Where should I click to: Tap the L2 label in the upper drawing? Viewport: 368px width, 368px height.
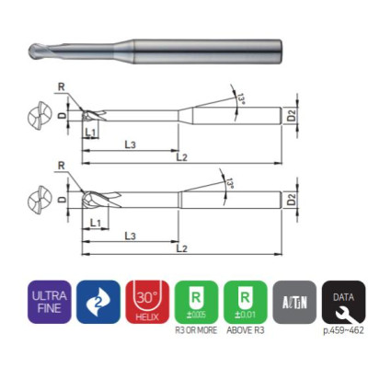point(181,159)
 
